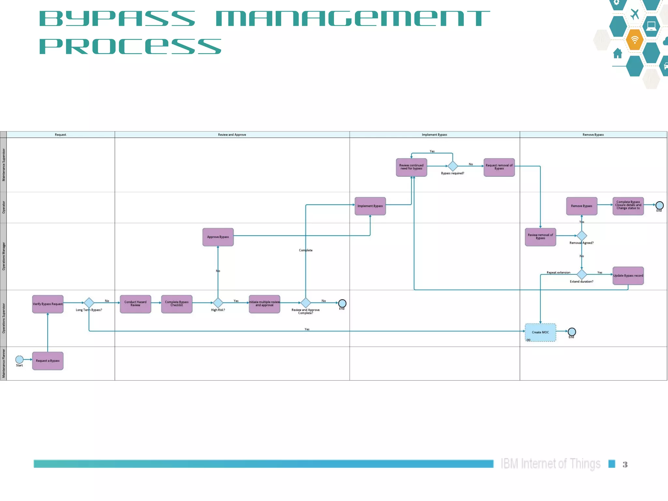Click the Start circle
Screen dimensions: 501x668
(19, 359)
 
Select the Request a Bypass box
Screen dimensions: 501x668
(48, 361)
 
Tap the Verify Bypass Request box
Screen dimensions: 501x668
(48, 304)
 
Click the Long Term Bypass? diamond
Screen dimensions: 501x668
(89, 303)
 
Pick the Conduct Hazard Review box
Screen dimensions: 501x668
(135, 304)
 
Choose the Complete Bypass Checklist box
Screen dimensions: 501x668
(176, 304)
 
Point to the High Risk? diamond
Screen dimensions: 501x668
(218, 303)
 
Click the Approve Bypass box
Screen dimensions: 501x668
(218, 237)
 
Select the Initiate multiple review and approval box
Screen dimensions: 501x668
(264, 304)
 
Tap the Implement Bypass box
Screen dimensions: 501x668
(370, 206)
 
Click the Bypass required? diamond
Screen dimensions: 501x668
(453, 166)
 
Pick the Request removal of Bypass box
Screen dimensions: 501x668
(499, 167)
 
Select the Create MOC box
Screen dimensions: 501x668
(540, 332)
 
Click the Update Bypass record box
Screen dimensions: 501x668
(628, 276)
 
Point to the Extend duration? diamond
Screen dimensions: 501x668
(582, 274)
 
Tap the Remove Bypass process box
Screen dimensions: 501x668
(582, 206)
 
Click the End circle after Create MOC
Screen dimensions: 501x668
(572, 332)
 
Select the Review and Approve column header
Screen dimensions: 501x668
(232, 135)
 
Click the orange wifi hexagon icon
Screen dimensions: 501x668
(634, 40)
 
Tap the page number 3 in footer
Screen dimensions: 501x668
(625, 464)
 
